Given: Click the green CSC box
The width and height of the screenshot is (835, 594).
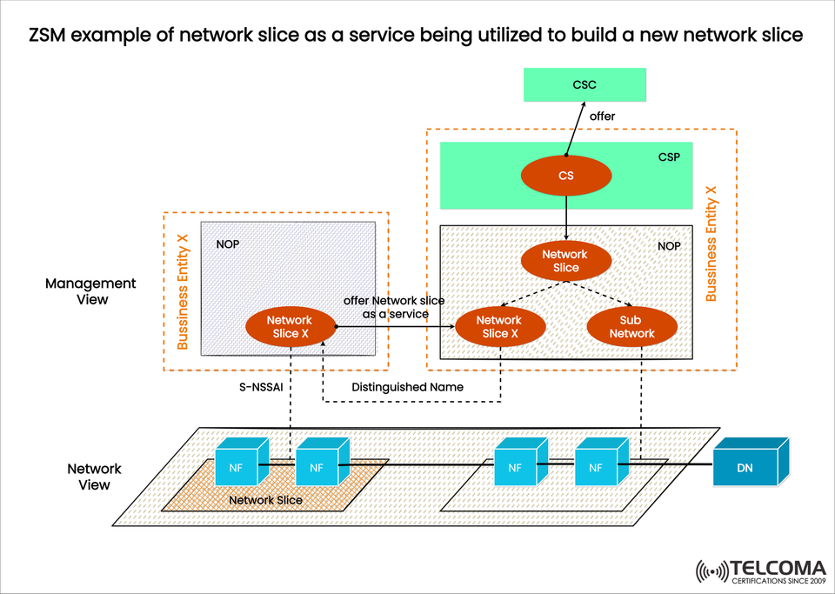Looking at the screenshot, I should pyautogui.click(x=584, y=85).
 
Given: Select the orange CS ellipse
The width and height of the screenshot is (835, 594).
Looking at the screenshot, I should pyautogui.click(x=565, y=177).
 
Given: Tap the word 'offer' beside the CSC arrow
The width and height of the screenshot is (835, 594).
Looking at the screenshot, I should pyautogui.click(x=603, y=116).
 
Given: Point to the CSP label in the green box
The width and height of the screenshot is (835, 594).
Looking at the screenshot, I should pyautogui.click(x=669, y=157).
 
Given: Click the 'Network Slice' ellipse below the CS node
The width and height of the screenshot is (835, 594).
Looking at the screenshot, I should pyautogui.click(x=565, y=261).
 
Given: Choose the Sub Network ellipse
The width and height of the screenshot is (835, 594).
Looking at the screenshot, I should pyautogui.click(x=631, y=327).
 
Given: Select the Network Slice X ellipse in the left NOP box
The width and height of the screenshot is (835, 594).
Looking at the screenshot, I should pyautogui.click(x=290, y=327).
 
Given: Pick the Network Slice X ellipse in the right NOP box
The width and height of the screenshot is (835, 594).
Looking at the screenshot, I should pyautogui.click(x=499, y=327).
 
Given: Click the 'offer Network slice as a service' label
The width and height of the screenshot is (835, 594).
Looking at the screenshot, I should pyautogui.click(x=393, y=307).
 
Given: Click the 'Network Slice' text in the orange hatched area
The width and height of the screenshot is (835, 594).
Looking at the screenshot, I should pyautogui.click(x=265, y=500).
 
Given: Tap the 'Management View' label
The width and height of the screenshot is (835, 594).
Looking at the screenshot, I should pyautogui.click(x=90, y=291).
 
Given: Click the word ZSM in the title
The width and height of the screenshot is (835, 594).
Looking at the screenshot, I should pyautogui.click(x=51, y=36).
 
